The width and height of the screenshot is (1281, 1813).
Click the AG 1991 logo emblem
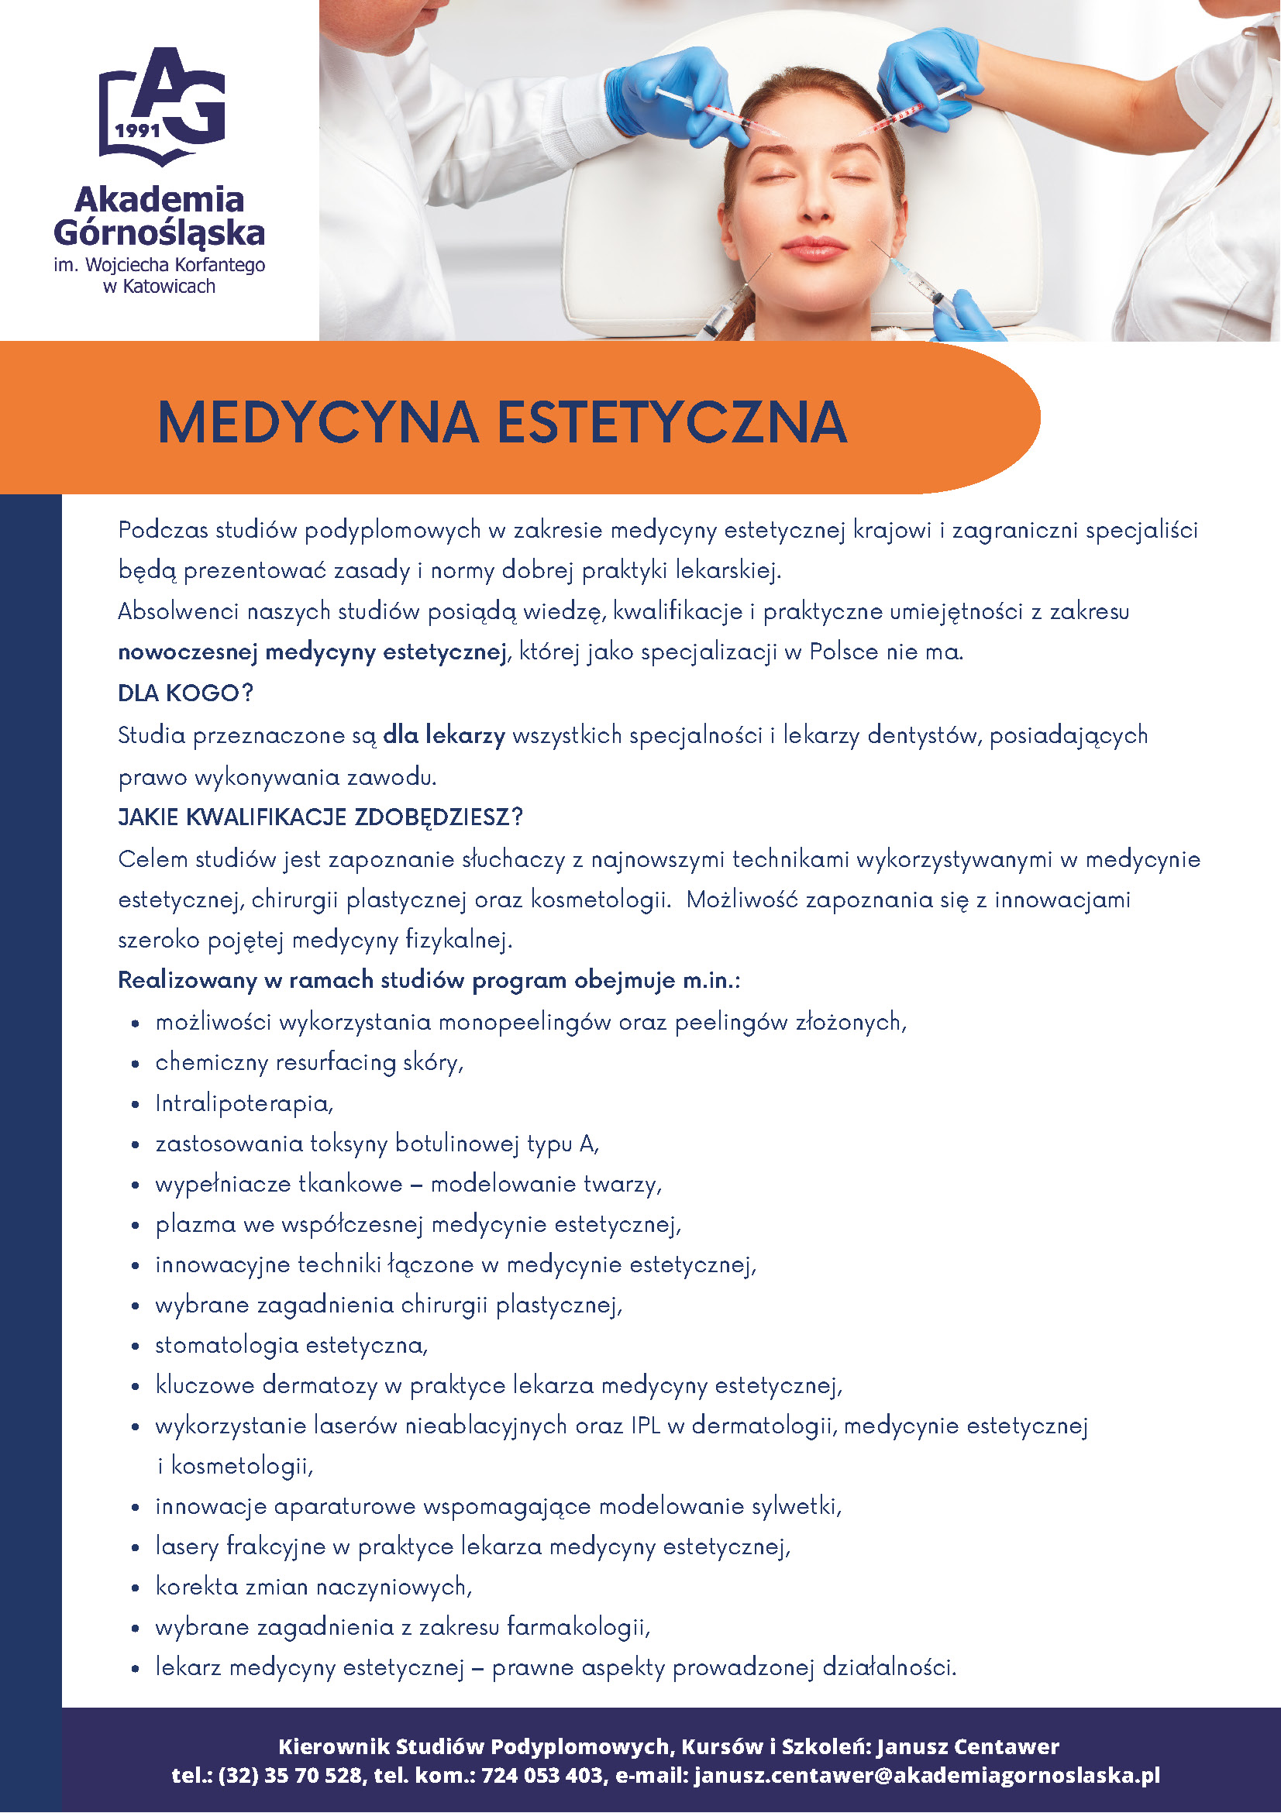[x=161, y=106]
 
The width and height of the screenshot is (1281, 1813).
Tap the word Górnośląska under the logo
[x=160, y=233]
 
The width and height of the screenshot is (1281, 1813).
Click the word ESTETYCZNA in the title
[x=672, y=422]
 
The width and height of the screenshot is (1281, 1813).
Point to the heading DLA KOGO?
[x=185, y=693]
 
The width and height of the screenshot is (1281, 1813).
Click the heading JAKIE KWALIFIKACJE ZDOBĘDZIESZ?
[x=321, y=817]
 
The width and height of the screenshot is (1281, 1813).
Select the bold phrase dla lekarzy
[x=444, y=735]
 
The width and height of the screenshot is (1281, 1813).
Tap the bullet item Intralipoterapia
[x=244, y=1103]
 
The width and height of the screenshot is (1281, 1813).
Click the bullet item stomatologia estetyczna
[x=291, y=1345]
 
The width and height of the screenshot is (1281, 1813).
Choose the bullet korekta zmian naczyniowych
[x=314, y=1587]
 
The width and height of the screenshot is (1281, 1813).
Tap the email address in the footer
[x=927, y=1776]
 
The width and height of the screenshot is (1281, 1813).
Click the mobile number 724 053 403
[x=542, y=1776]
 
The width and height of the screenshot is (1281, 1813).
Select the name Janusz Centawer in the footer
[x=967, y=1746]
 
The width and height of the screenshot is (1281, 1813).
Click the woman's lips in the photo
[x=814, y=249]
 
